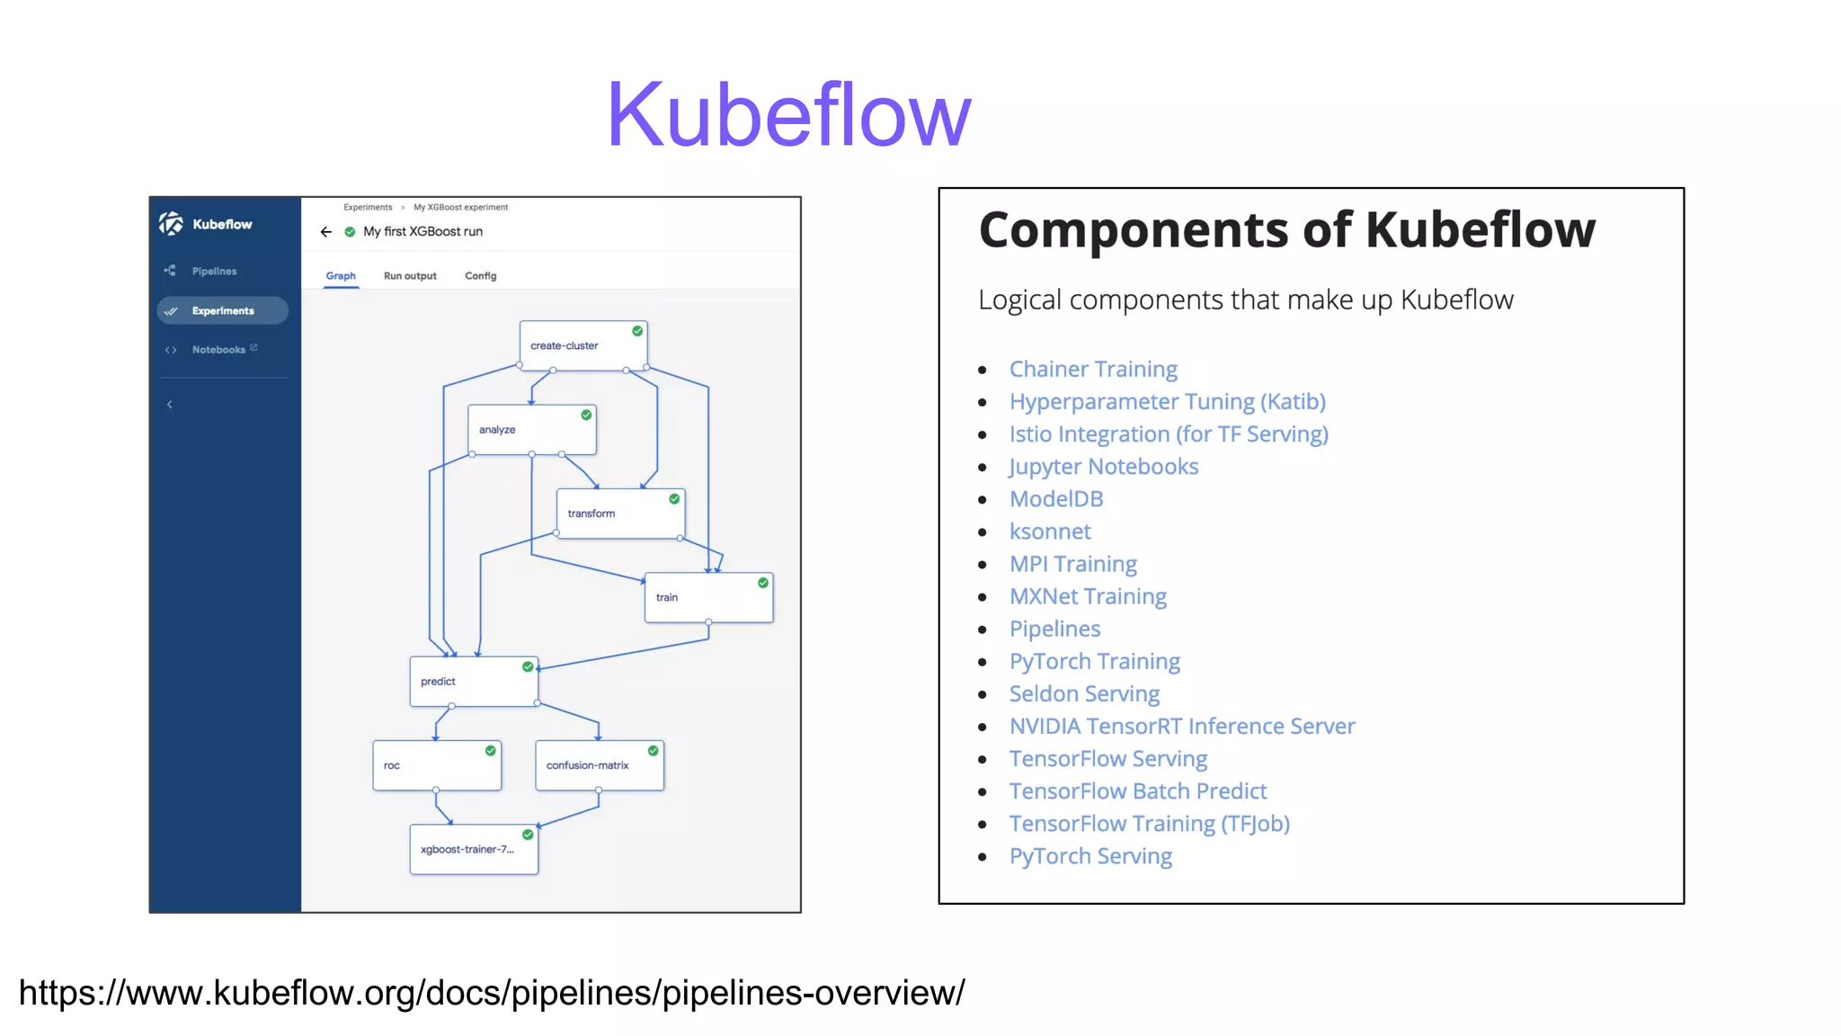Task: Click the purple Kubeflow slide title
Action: coord(788,115)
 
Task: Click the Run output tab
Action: coord(410,276)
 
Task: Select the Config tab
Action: coord(480,276)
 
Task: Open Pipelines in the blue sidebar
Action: coord(214,271)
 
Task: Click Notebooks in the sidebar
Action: coord(218,350)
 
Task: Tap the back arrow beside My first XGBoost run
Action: coord(326,232)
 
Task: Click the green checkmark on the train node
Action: coord(763,583)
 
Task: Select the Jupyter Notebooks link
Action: coord(1103,467)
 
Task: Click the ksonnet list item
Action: coord(1050,531)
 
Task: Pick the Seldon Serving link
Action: coord(1084,693)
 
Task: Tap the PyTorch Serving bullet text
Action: coord(1090,856)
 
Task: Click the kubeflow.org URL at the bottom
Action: coord(492,993)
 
